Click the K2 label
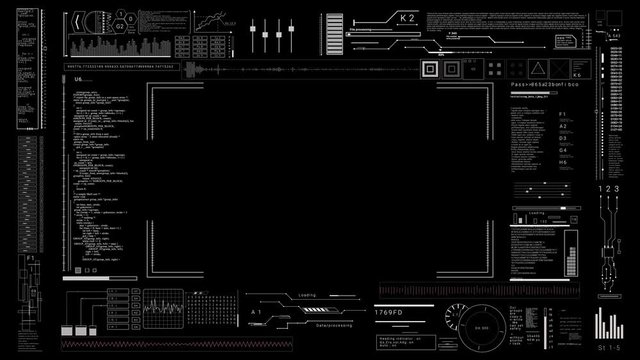pyautogui.click(x=407, y=18)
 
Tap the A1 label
pyautogui.click(x=255, y=313)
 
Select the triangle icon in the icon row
pyautogui.click(x=538, y=68)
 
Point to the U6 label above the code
pyautogui.click(x=78, y=78)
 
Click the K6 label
pyautogui.click(x=576, y=75)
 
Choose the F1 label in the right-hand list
pyautogui.click(x=563, y=115)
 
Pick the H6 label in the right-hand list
pyautogui.click(x=563, y=162)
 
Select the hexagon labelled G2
pyautogui.click(x=119, y=27)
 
